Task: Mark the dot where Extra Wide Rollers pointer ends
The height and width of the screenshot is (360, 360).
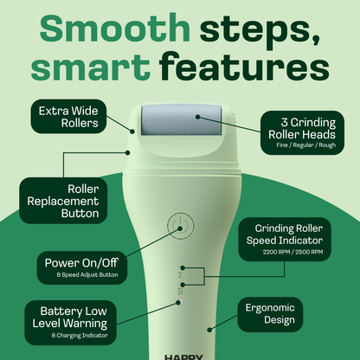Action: pos(132,130)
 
